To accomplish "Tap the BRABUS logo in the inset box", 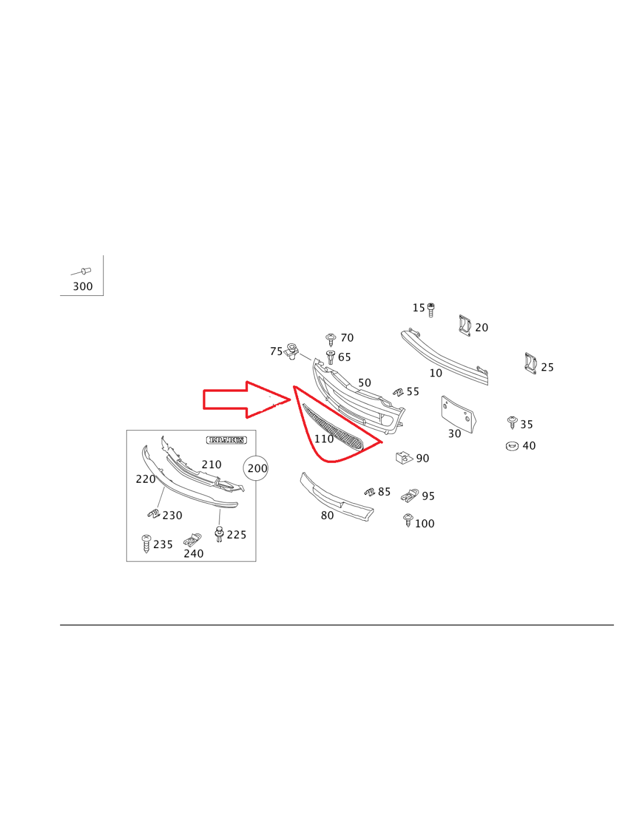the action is (226, 440).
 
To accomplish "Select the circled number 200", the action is (255, 468).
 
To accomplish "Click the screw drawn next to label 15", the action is (430, 310).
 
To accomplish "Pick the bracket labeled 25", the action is (531, 363).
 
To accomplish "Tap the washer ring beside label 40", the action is (512, 445).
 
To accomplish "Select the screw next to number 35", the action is (512, 422).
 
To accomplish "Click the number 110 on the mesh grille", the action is (324, 439).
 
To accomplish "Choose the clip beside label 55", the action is (399, 392).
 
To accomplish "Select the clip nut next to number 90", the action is (404, 457).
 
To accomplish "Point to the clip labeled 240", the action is (192, 539).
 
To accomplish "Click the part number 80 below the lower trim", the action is (327, 515).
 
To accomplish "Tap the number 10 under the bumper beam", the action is (436, 373).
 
